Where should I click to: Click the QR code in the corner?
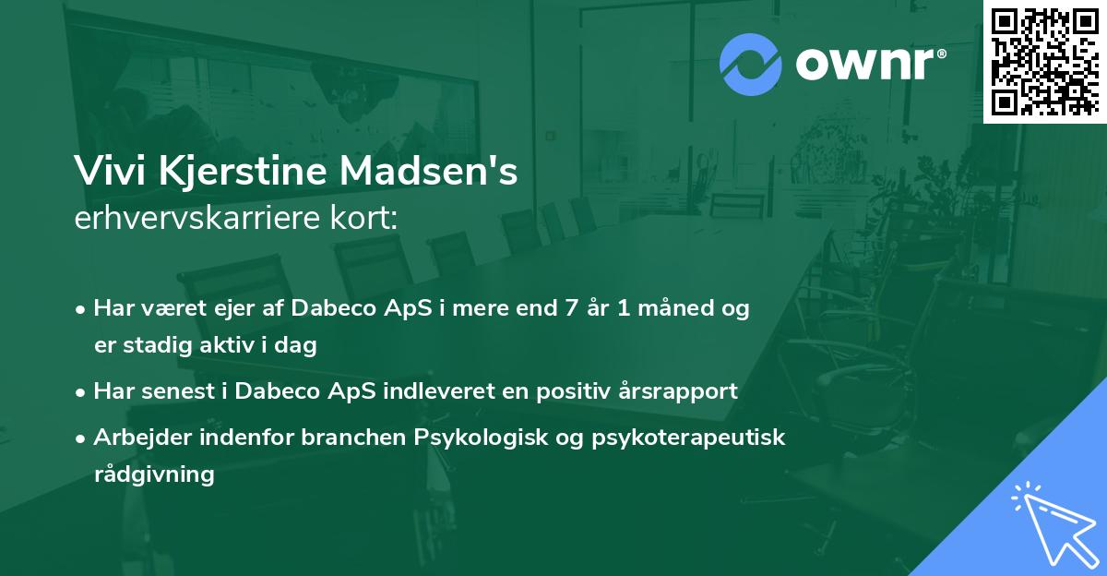pos(1044,61)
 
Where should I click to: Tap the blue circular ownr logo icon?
pos(751,64)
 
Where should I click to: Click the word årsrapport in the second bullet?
pos(683,391)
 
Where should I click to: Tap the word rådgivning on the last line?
pos(154,474)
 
